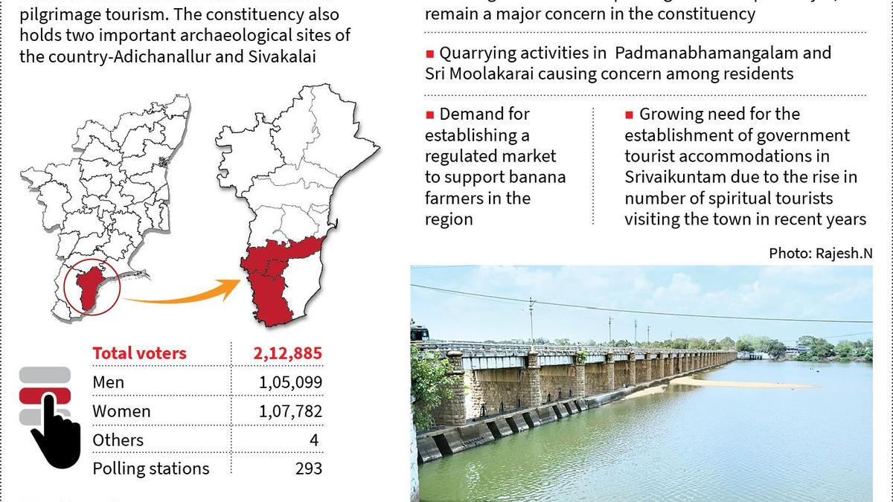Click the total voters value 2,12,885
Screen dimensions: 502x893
287,353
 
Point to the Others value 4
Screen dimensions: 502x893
314,440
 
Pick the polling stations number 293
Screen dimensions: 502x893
308,469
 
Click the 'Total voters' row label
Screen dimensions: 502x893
139,353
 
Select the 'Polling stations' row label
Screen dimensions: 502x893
150,469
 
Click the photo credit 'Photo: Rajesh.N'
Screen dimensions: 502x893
820,254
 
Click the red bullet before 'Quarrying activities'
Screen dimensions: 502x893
429,54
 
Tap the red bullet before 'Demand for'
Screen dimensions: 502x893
429,115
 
